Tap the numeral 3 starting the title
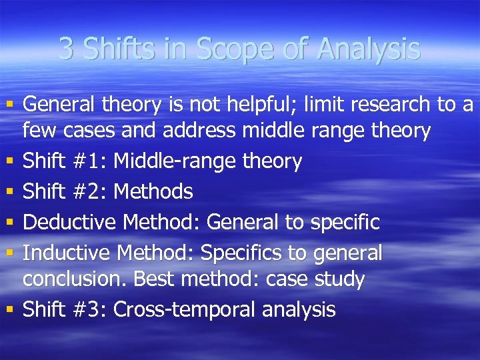click(65, 49)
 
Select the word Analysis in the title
click(368, 50)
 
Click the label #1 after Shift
click(92, 161)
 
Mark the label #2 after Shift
click(92, 192)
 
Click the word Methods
click(153, 192)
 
